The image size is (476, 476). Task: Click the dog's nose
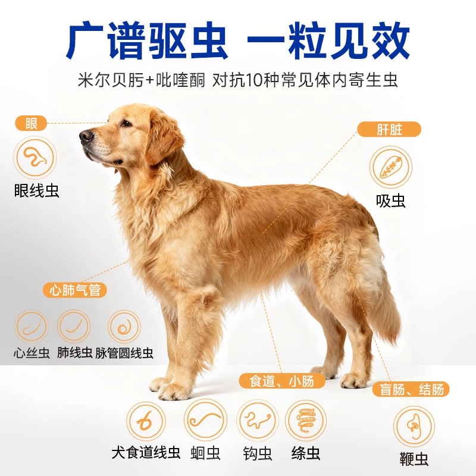86,136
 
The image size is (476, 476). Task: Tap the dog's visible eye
126,123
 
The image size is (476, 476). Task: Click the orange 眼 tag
31,124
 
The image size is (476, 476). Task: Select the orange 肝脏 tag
389,130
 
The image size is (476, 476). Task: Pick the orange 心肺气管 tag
75,290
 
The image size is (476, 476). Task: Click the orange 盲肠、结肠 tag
411,390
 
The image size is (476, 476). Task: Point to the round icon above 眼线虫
34,158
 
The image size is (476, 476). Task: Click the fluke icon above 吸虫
390,167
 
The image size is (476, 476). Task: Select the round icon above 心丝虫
31,326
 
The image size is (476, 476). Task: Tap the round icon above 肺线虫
74,326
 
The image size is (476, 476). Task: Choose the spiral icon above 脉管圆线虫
124,326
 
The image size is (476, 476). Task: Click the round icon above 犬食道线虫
145,421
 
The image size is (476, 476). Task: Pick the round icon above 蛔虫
205,420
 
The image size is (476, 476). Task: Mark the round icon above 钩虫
257,420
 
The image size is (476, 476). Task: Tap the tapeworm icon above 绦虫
306,420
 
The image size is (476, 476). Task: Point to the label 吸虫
391,201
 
